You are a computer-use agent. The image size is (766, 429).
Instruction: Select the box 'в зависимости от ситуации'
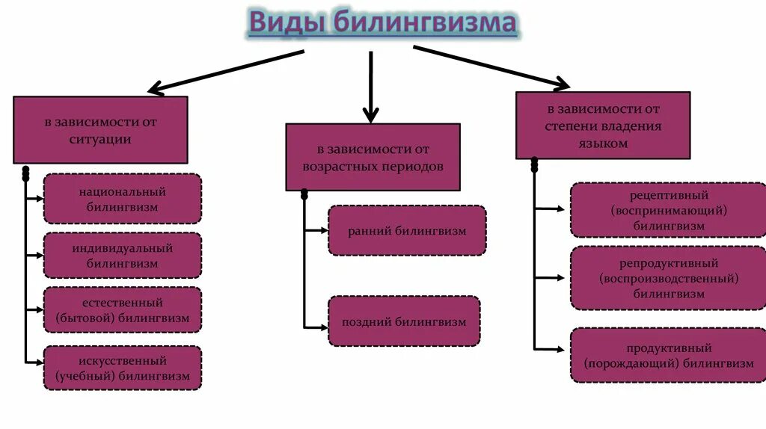100,130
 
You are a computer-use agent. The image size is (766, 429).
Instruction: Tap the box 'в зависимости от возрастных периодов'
373,158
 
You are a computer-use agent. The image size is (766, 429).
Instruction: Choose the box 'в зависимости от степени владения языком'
603,126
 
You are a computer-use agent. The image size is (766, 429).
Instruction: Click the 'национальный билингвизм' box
123,199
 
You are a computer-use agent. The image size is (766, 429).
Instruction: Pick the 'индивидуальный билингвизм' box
123,255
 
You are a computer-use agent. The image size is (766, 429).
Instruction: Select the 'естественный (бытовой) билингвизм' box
123,310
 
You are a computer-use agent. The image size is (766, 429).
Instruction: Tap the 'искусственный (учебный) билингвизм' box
123,368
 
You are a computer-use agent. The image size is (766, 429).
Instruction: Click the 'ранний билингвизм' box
407,231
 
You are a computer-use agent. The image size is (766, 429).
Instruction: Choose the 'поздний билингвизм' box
404,321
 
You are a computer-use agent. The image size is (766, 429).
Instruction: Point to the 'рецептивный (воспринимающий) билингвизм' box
668,210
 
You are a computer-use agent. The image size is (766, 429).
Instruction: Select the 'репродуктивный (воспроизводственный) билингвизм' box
668,278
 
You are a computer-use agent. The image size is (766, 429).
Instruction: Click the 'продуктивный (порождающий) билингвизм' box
668,356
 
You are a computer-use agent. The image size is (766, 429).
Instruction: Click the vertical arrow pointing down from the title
371,86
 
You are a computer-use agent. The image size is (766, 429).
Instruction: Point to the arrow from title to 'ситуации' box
224,72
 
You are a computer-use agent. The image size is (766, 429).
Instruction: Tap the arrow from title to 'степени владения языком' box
490,66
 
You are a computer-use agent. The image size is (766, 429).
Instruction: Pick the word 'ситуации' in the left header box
100,139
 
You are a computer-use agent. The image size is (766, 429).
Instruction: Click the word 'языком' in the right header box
603,143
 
